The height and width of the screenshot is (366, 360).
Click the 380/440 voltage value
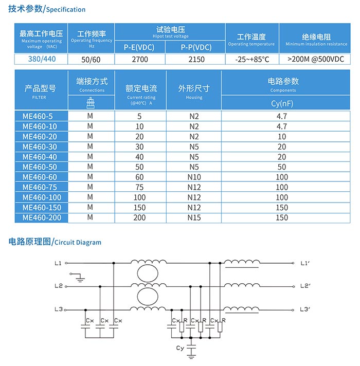pyautogui.click(x=42, y=59)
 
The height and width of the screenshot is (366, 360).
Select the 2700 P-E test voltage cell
pyautogui.click(x=139, y=59)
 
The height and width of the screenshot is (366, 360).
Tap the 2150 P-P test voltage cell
pyautogui.click(x=196, y=59)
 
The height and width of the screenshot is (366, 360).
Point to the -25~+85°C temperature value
pyautogui.click(x=251, y=59)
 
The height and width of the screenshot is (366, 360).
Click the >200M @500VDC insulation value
pyautogui.click(x=316, y=59)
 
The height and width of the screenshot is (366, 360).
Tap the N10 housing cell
pyautogui.click(x=194, y=177)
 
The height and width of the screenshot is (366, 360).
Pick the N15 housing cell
pyautogui.click(x=194, y=217)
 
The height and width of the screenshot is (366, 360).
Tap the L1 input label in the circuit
pyautogui.click(x=58, y=264)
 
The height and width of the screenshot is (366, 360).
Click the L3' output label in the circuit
pyautogui.click(x=305, y=309)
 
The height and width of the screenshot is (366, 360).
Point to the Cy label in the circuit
pyautogui.click(x=180, y=349)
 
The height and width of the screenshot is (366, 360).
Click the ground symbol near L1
pyautogui.click(x=80, y=279)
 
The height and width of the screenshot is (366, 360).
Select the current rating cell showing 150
pyautogui.click(x=139, y=207)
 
